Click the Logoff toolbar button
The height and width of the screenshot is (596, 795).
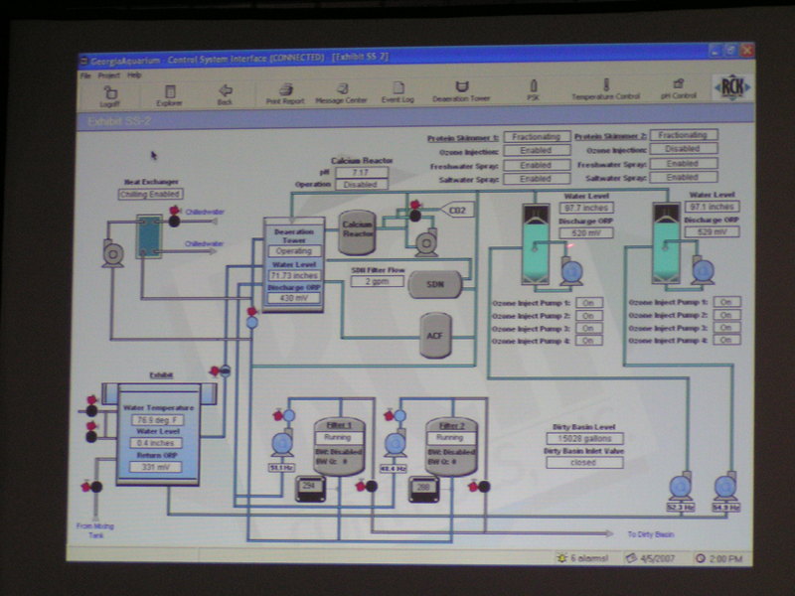108,93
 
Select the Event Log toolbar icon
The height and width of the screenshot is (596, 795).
397,93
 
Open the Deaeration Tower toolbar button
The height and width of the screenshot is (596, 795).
461,93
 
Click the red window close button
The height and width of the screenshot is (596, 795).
746,49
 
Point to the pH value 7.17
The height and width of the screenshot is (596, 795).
361,173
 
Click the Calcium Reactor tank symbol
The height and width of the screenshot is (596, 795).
358,227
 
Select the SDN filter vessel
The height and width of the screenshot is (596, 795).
434,283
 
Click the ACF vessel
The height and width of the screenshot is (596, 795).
434,336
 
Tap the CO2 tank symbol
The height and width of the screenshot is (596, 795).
457,211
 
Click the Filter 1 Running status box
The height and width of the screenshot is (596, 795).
339,437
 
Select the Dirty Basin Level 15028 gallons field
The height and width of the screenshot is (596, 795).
583,438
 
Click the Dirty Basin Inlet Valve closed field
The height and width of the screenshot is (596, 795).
583,462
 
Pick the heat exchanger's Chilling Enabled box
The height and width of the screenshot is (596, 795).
150,194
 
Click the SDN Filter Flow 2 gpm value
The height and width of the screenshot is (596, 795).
378,282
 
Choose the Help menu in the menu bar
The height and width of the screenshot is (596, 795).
134,75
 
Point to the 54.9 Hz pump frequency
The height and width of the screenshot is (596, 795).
725,508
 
